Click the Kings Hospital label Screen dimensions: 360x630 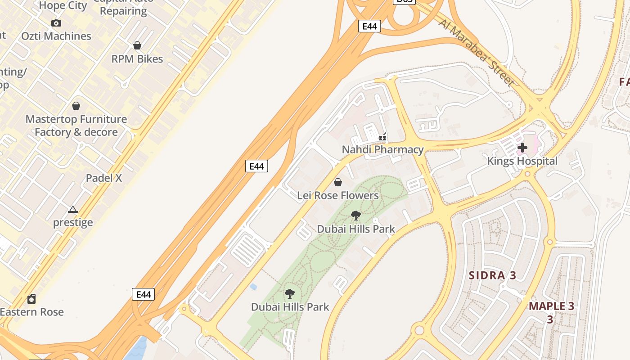click(522, 161)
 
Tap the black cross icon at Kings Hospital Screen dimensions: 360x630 click(522, 147)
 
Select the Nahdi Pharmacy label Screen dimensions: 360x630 click(382, 149)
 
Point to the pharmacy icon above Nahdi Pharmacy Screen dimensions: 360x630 click(382, 136)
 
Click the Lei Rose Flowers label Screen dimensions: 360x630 click(337, 195)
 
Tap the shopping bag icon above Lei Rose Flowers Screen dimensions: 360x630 click(337, 182)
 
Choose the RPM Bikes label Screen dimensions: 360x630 click(137, 58)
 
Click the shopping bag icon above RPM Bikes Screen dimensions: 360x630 click(137, 45)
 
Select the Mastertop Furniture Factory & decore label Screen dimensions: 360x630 click(76, 126)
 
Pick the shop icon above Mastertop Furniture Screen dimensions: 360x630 click(76, 106)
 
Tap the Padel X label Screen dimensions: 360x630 click(104, 178)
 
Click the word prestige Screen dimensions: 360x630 click(73, 222)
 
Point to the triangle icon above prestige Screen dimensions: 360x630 click(73, 209)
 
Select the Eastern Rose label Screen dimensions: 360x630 click(31, 312)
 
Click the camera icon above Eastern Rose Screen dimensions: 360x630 click(31, 299)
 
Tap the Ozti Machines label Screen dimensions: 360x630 click(56, 36)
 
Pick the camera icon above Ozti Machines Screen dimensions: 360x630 click(56, 23)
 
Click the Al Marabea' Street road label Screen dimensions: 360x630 click(477, 52)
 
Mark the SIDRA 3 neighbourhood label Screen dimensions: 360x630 click(492, 275)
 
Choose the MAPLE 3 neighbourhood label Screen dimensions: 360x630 click(551, 306)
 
